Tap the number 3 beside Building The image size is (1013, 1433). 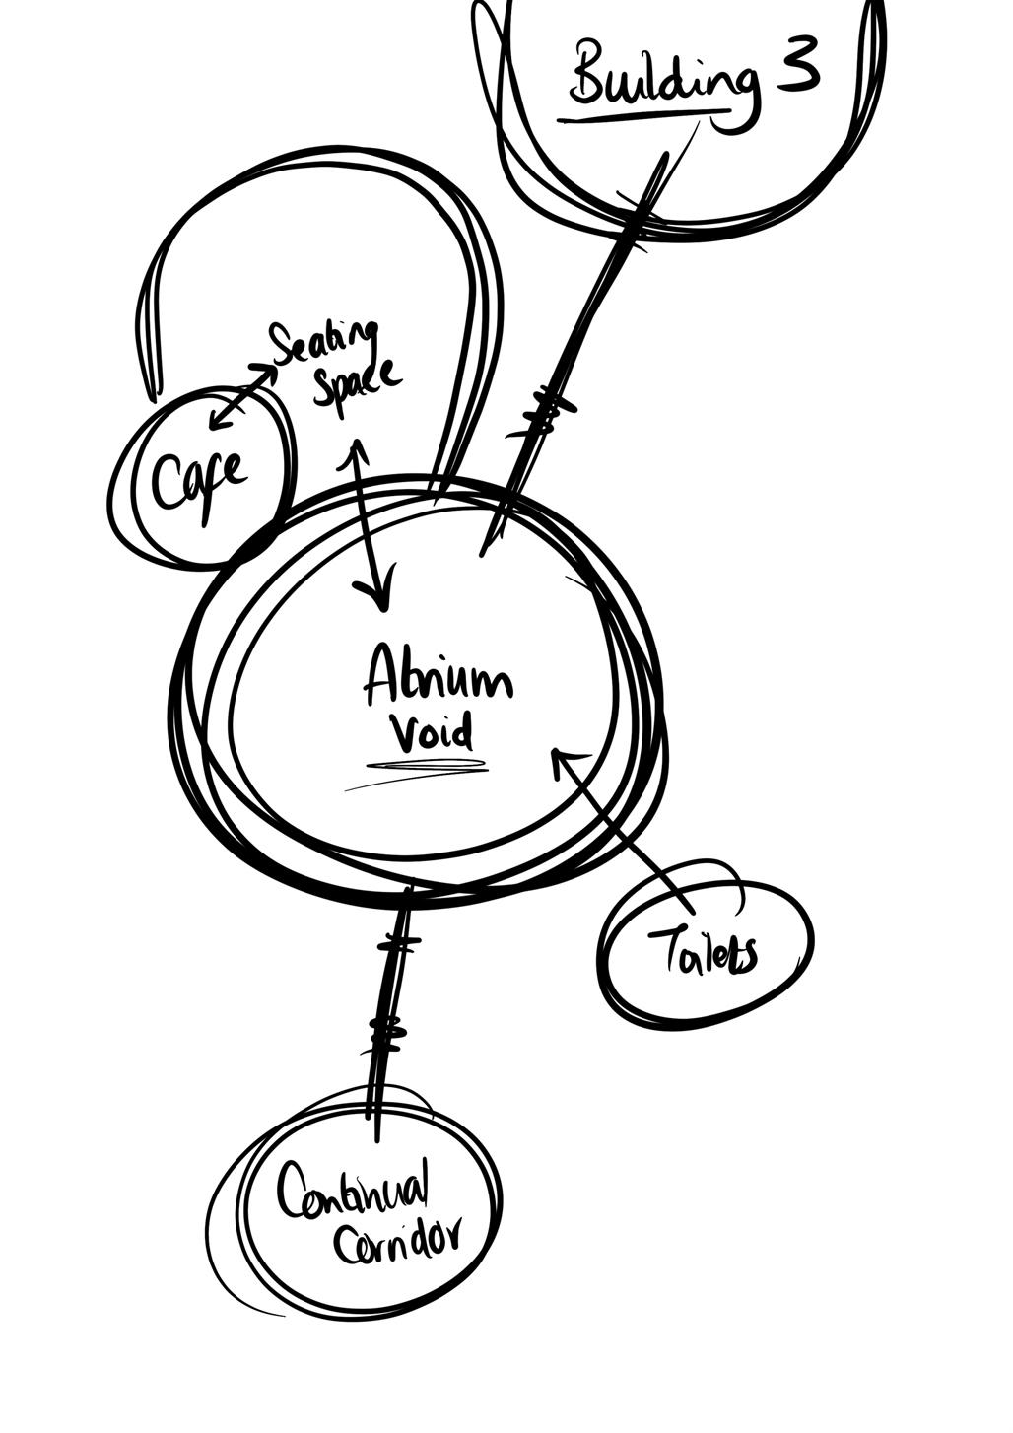coord(797,67)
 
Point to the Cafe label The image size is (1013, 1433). coord(199,481)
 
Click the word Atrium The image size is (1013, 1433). coord(438,680)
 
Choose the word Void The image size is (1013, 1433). coord(431,734)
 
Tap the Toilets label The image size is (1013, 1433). coord(703,951)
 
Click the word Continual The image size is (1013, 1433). coord(353,1188)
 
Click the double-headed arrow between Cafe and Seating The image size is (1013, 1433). coord(242,396)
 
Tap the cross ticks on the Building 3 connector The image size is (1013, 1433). coord(545,411)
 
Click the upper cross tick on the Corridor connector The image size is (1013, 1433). coord(398,945)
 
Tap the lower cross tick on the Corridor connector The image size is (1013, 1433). coord(386,1033)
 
